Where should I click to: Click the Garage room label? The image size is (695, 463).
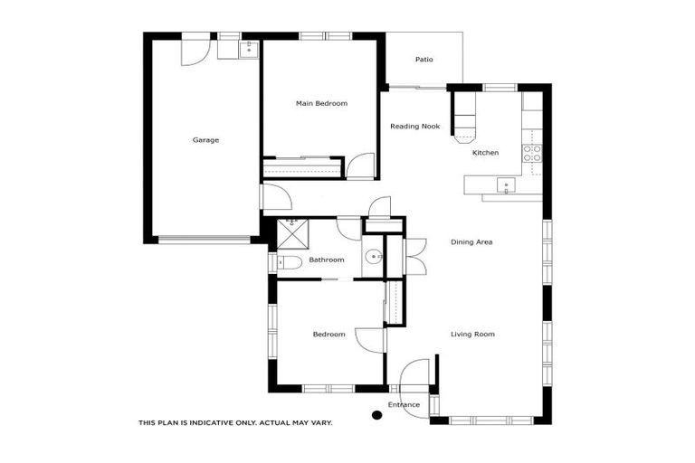pyautogui.click(x=205, y=140)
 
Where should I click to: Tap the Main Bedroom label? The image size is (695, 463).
pyautogui.click(x=321, y=104)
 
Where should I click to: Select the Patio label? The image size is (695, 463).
pyautogui.click(x=424, y=60)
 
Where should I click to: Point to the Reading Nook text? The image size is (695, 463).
pyautogui.click(x=414, y=127)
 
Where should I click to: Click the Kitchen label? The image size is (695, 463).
pyautogui.click(x=485, y=153)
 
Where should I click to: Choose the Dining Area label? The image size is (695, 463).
pyautogui.click(x=471, y=241)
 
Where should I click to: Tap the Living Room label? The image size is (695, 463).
pyautogui.click(x=472, y=335)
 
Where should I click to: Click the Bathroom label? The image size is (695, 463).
pyautogui.click(x=326, y=260)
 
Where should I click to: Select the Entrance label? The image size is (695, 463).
pyautogui.click(x=404, y=404)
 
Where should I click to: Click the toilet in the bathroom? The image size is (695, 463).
pyautogui.click(x=290, y=262)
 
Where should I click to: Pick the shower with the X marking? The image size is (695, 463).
pyautogui.click(x=290, y=236)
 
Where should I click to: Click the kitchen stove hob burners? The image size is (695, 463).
pyautogui.click(x=534, y=153)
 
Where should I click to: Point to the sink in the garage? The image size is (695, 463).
pyautogui.click(x=249, y=49)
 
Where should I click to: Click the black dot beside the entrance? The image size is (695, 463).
pyautogui.click(x=376, y=416)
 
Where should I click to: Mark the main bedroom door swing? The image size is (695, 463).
pyautogui.click(x=360, y=166)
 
